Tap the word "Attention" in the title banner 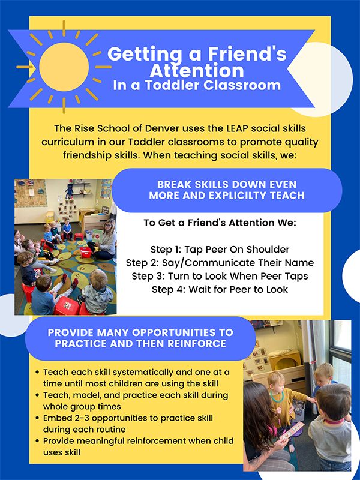pos(197,70)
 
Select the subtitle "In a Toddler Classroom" pos(197,85)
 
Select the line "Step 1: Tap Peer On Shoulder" pos(220,250)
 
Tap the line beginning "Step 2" pos(220,263)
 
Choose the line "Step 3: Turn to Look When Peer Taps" pos(220,276)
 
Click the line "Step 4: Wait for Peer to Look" pos(220,289)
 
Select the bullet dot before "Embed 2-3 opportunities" pos(38,418)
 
